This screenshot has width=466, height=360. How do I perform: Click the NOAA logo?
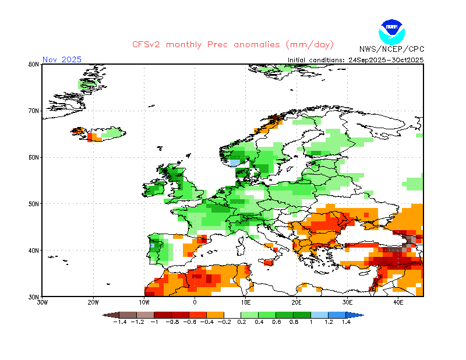pos(391,32)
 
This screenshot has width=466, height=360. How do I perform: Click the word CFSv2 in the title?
pos(146,45)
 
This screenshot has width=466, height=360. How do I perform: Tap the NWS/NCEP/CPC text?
pos(391,49)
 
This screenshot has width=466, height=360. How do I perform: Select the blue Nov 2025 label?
pos(62,59)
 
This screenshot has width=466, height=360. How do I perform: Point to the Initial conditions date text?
pos(355,60)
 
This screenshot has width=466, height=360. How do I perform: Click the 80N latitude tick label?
pos(34,64)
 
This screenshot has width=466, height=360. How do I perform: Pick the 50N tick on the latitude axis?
pos(34,204)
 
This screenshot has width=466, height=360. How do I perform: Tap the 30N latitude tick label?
pos(34,297)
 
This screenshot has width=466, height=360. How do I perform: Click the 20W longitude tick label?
pos(93,303)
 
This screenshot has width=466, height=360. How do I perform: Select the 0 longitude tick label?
pos(195,303)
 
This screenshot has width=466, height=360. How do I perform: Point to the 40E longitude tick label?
pos(398,303)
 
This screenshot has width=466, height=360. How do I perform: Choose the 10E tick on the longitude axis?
pos(245,303)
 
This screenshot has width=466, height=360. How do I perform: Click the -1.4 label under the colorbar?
pos(120,322)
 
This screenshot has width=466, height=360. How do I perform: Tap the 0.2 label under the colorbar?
pos(242,322)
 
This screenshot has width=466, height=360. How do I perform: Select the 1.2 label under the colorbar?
pos(329,322)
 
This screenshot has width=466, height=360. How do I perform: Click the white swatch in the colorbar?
pos(232,315)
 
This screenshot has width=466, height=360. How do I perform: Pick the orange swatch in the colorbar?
pos(215,315)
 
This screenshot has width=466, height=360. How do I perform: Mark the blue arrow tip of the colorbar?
pos(363,315)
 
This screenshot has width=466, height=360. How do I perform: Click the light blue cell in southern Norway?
pos(235,163)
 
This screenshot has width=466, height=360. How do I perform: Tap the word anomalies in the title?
pos(257,45)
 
